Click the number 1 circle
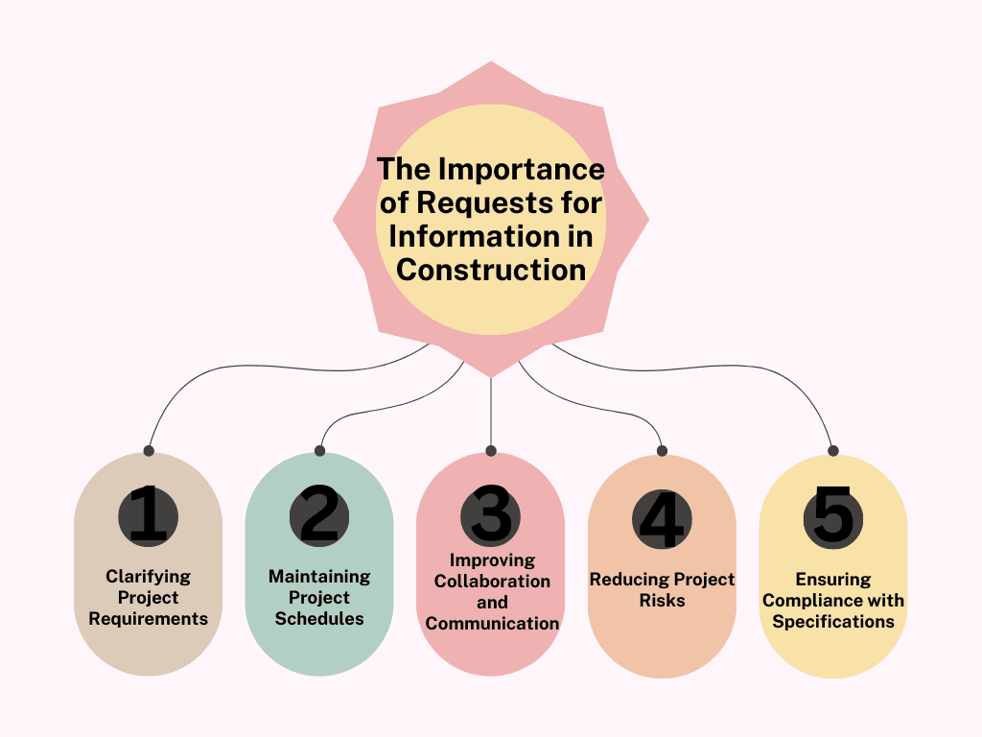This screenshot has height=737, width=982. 148,515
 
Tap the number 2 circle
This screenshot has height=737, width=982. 319,515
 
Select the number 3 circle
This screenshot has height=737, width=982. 491,515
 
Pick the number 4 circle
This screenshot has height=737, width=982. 662,518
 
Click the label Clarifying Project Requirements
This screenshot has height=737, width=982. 148,598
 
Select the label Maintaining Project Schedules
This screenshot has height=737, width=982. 319,598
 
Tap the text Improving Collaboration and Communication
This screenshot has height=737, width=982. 492,591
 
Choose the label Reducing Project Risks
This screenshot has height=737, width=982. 662,590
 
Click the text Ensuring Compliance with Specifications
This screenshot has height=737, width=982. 833,600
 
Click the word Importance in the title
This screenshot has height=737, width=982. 522,170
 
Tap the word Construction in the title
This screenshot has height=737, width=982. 491,270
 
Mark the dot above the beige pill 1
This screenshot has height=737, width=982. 148,450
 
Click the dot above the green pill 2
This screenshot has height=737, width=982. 319,450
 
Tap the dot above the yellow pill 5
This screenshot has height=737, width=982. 833,450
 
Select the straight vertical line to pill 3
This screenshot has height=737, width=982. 491,413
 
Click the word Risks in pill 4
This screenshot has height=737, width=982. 662,601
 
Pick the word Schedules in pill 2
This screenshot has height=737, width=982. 319,619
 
